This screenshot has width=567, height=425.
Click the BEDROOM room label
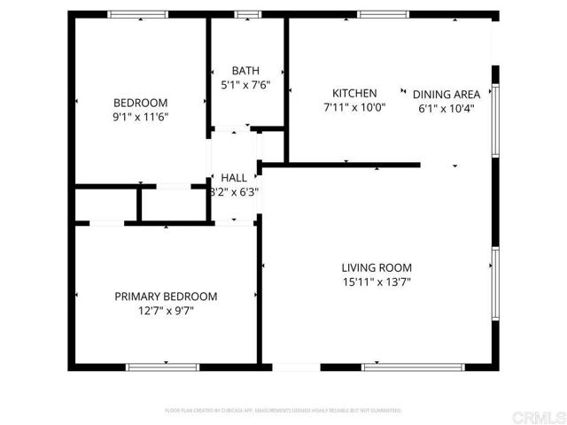tap(140, 102)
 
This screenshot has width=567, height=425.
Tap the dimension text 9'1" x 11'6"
tap(140, 116)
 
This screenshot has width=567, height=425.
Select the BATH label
tap(245, 71)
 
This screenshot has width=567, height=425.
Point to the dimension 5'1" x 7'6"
tap(245, 86)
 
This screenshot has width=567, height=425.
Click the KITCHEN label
tap(354, 93)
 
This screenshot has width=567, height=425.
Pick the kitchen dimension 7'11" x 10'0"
tap(354, 108)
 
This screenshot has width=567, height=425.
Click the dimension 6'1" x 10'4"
tap(447, 109)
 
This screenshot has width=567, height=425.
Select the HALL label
tap(234, 177)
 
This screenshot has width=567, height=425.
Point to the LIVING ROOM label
tap(377, 267)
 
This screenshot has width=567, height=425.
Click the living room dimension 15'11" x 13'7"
tap(377, 282)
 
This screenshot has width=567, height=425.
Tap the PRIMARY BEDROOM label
tap(166, 297)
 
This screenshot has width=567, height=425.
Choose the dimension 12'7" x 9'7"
tap(166, 312)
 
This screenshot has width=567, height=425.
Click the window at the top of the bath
tap(247, 14)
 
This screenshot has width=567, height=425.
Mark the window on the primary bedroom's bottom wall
tap(163, 367)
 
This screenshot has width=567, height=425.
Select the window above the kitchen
tap(383, 14)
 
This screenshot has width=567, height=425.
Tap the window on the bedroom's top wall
tap(138, 14)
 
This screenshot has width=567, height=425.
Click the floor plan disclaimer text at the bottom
tap(283, 411)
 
